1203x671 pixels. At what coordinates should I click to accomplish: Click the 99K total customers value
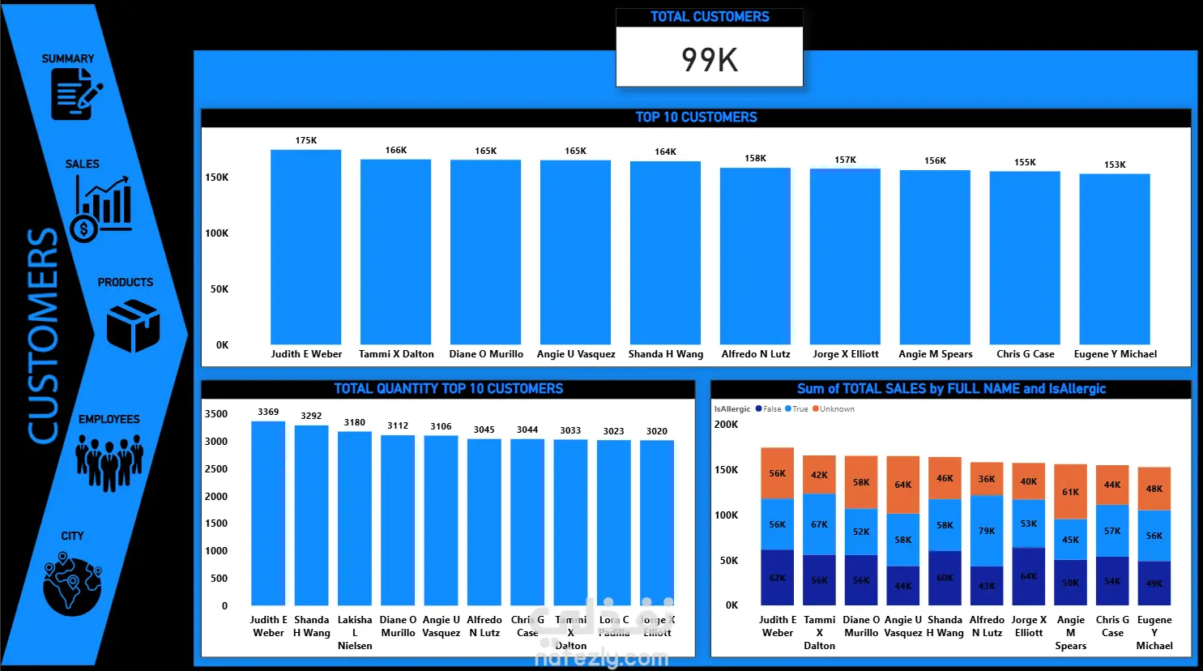pyautogui.click(x=710, y=60)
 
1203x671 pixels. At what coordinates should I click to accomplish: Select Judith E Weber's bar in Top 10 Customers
pyautogui.click(x=305, y=247)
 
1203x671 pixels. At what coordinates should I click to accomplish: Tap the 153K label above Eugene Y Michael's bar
pyautogui.click(x=1115, y=165)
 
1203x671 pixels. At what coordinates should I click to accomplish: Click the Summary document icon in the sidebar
pyautogui.click(x=75, y=94)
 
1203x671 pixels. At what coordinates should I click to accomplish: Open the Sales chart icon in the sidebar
pyautogui.click(x=101, y=207)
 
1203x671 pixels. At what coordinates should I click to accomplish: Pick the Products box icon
pyautogui.click(x=133, y=325)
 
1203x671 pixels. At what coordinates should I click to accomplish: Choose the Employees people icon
pyautogui.click(x=109, y=462)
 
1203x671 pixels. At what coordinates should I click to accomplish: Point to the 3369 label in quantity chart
pyautogui.click(x=268, y=412)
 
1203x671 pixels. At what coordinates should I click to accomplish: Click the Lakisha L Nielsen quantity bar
pyautogui.click(x=355, y=519)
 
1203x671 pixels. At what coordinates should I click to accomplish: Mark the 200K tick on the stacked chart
pyautogui.click(x=726, y=425)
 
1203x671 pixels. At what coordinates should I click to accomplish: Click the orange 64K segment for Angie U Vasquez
pyautogui.click(x=902, y=485)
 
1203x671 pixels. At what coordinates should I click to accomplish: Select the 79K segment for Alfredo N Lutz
pyautogui.click(x=987, y=531)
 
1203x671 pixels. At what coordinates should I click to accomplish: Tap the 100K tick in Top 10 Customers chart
pyautogui.click(x=216, y=233)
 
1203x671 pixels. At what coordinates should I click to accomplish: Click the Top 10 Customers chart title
pyautogui.click(x=696, y=118)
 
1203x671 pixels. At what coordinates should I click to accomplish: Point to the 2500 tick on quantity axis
pyautogui.click(x=216, y=469)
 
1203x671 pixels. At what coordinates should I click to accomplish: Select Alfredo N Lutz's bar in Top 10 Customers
pyautogui.click(x=755, y=256)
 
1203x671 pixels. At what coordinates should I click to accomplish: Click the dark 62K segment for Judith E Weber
pyautogui.click(x=777, y=578)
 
